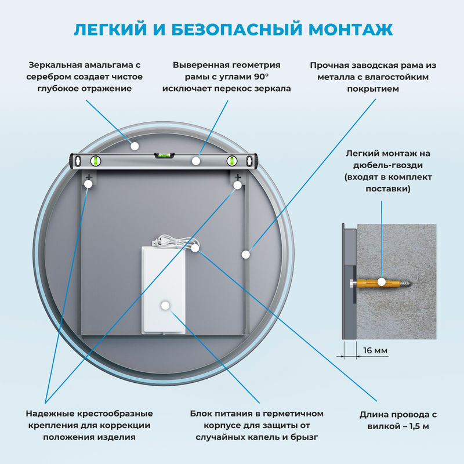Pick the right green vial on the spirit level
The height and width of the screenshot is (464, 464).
(233, 161)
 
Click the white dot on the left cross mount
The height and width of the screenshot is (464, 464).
(88, 184)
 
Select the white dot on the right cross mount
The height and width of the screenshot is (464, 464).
(238, 185)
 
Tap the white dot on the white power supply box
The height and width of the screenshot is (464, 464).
(165, 304)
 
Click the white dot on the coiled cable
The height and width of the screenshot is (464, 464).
(195, 248)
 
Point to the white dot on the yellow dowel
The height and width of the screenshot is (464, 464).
(381, 282)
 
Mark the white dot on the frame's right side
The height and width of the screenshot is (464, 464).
(246, 253)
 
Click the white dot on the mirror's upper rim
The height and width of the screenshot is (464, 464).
(135, 146)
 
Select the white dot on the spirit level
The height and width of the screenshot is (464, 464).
(197, 160)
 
